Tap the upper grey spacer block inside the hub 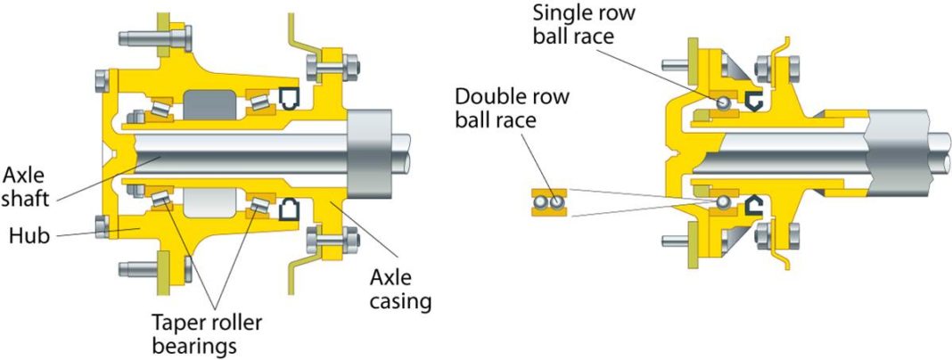[x=208, y=104]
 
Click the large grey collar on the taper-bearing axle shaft [x=373, y=155]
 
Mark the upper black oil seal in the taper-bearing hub [x=290, y=95]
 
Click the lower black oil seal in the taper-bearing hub [x=290, y=211]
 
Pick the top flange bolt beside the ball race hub [x=768, y=69]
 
